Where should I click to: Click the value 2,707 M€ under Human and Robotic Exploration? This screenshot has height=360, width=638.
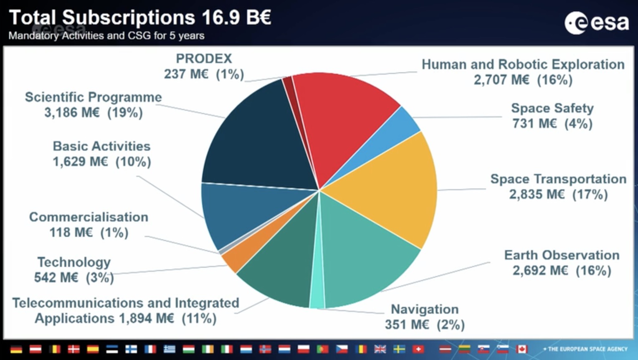[x=501, y=80]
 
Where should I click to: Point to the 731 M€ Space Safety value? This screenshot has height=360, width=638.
[x=534, y=124]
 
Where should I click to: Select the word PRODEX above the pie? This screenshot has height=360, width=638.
[x=204, y=59]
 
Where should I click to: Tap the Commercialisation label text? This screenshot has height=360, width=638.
[x=89, y=217]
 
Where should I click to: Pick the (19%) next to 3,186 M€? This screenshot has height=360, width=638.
[x=125, y=113]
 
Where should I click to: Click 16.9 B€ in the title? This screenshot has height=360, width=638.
[x=236, y=18]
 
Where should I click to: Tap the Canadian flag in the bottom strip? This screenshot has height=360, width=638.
[x=522, y=349]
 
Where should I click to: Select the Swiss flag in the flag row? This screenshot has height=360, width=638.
[x=418, y=349]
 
